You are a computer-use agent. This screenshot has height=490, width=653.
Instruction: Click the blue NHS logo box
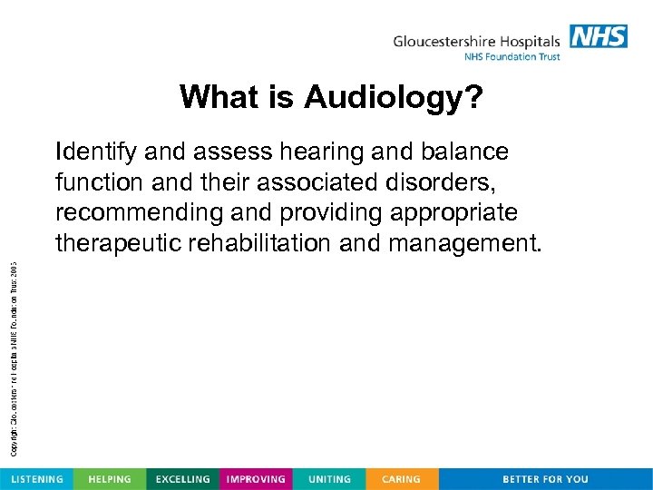tap(599, 36)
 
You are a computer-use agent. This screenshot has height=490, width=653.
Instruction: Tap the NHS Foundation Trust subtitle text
tap(512, 57)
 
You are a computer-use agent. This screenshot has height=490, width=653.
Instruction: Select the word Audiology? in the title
tap(394, 96)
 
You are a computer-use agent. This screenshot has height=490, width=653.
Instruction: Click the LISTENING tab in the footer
tap(36, 479)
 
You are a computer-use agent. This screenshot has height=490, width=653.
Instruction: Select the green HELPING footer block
tap(110, 479)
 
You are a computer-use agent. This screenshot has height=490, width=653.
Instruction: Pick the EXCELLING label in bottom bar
tap(183, 479)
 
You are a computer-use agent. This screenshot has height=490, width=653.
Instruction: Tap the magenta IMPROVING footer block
tap(256, 479)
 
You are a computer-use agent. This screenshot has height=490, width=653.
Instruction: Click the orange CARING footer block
tap(401, 479)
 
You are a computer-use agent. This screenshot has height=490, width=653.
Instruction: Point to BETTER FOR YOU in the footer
tap(545, 479)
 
